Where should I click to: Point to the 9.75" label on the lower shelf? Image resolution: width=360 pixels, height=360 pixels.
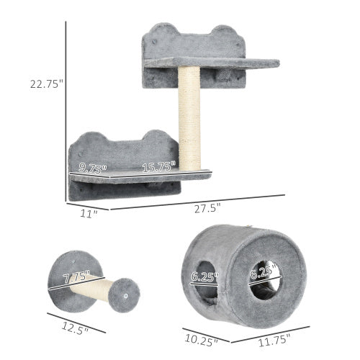point(93,168)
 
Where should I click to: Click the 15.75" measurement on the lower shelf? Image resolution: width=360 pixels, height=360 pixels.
point(158,168)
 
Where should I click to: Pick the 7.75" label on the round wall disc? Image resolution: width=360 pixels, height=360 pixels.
point(76,276)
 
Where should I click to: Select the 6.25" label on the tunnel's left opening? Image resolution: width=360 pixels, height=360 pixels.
point(206,274)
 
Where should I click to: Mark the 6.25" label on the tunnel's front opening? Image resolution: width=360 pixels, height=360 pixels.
point(264,274)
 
